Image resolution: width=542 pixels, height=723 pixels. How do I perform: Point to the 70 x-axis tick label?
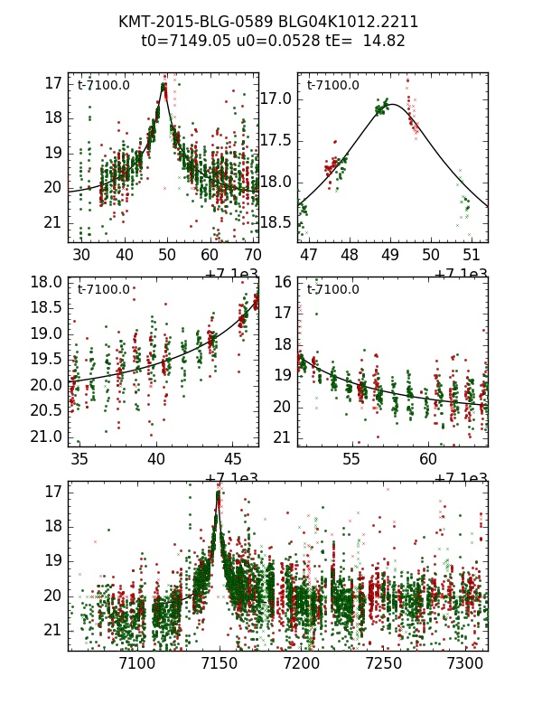point(253,256)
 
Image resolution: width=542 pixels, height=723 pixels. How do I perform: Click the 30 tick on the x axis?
point(81,256)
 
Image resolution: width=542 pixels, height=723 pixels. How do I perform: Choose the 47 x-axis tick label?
point(309,256)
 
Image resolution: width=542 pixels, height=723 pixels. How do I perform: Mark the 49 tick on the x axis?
point(390,256)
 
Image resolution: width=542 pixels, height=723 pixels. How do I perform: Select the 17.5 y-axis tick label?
point(276,140)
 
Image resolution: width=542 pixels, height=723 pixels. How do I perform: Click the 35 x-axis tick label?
point(79,459)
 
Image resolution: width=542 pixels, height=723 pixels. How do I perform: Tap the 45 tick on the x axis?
point(232,459)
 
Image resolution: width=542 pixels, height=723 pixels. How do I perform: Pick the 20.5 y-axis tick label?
point(46,411)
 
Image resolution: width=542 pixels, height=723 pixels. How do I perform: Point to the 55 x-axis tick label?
point(351,459)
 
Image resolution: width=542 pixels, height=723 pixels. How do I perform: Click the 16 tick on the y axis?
point(282,282)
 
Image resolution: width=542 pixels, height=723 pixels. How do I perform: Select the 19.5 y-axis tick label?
point(46,360)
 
